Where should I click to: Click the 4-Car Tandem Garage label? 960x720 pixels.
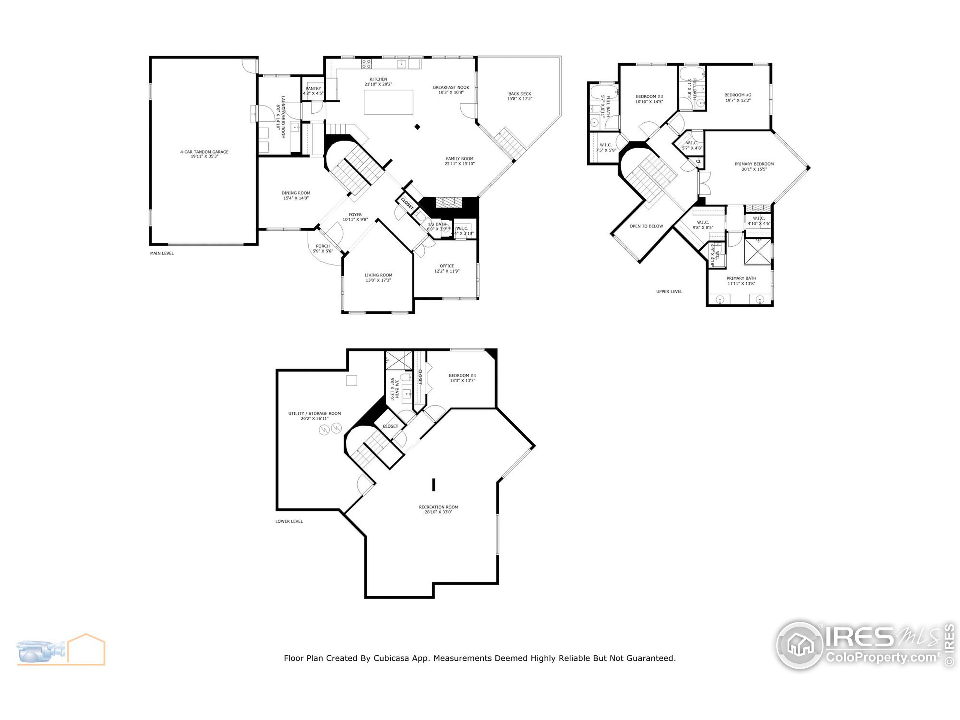point(204,152)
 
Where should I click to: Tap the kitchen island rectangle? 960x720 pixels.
point(388,102)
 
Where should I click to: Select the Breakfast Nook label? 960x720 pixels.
point(451,87)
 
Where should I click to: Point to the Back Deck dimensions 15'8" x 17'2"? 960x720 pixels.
point(519,99)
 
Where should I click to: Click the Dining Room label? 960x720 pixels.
point(295,193)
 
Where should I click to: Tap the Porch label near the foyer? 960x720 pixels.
point(322,246)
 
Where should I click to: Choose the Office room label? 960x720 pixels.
point(447,266)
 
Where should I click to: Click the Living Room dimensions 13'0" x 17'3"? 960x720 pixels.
point(378,280)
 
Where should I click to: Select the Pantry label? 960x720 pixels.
point(313,88)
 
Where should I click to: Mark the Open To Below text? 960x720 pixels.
point(646,226)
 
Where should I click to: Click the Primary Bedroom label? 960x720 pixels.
point(754,164)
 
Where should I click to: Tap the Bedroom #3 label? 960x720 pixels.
point(649,97)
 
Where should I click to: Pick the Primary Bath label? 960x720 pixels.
point(741,278)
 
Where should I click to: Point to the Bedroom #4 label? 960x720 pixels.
point(462,375)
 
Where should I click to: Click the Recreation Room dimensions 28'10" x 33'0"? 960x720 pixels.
point(438,512)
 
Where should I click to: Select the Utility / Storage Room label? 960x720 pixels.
point(314,414)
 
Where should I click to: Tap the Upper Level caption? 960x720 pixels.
point(669,292)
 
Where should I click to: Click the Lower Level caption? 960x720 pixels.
point(289,521)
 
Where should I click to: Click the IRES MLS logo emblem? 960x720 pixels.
point(799,645)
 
